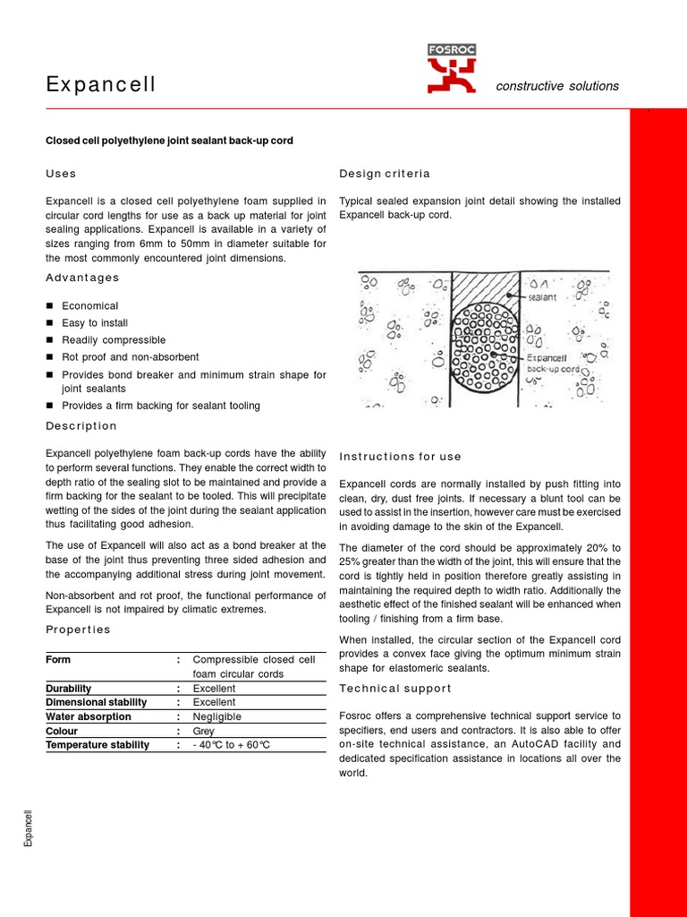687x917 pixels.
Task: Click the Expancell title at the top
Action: (100, 85)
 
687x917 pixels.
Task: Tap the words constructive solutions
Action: (557, 86)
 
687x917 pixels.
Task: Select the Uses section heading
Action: (61, 173)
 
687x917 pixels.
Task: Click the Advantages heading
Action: (81, 278)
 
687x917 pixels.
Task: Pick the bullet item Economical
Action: (89, 305)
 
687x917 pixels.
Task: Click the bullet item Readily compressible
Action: (114, 339)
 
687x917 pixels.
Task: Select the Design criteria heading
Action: (385, 173)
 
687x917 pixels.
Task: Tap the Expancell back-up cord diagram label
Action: (554, 362)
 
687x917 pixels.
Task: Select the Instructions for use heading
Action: (400, 456)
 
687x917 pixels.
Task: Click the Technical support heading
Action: (395, 688)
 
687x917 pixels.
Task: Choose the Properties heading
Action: (78, 629)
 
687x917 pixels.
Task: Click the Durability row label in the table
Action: (68, 688)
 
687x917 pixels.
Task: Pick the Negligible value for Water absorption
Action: (217, 716)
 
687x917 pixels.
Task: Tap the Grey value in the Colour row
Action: (204, 731)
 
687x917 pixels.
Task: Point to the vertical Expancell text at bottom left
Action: (28, 828)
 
